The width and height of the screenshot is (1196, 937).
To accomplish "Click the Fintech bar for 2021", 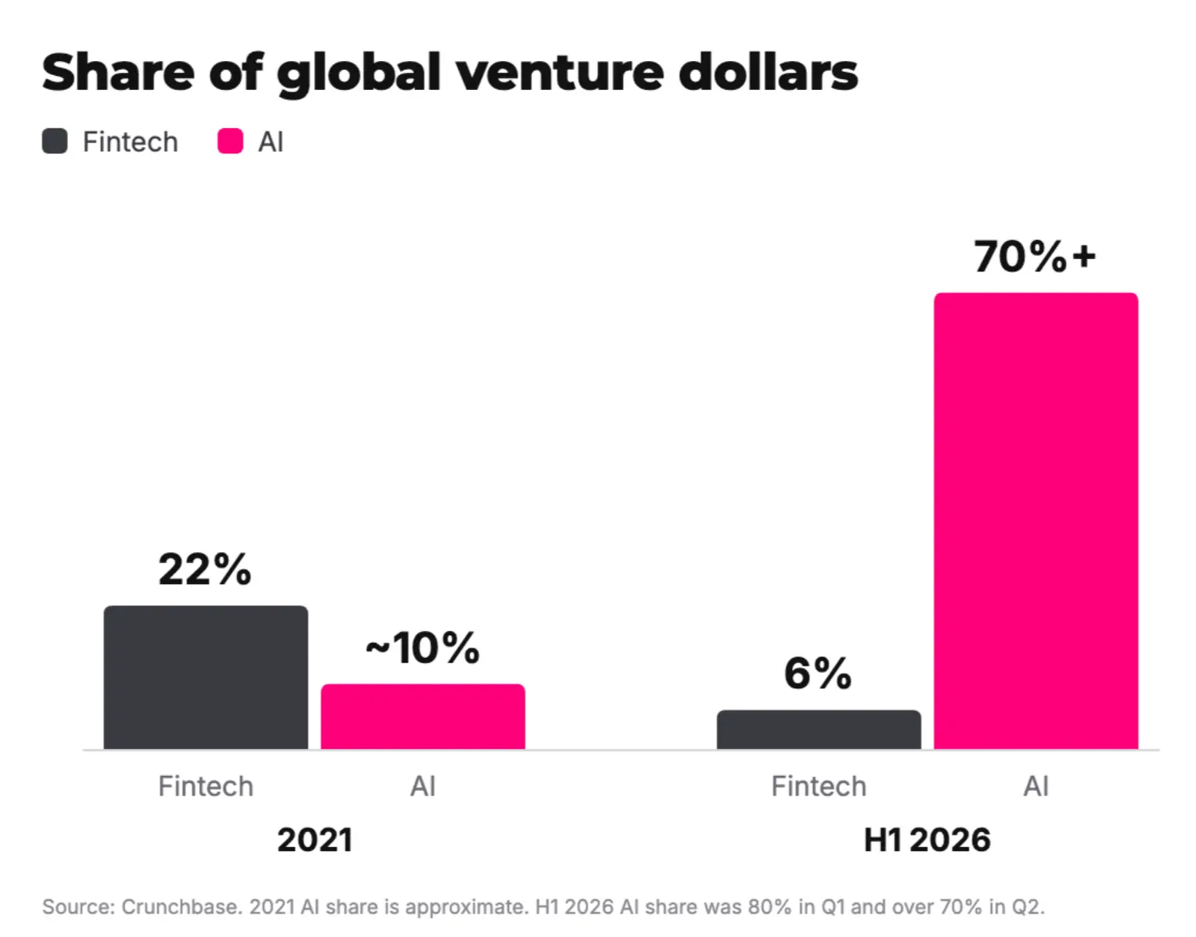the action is pos(206,677).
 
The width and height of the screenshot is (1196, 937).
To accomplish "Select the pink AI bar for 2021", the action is pos(423,716).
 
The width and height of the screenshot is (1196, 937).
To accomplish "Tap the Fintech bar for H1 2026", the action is pos(819,730).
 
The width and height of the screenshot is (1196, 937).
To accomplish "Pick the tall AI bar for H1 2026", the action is pos(1036,521).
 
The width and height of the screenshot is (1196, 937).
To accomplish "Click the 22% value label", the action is pos(205,569).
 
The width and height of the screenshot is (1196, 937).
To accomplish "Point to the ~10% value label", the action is pos(423,648).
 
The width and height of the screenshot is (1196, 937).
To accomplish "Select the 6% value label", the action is pos(818,673).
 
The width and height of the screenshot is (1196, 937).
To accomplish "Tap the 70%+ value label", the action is pos(1036,257).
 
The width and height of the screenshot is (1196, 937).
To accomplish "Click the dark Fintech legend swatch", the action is pos(55,142).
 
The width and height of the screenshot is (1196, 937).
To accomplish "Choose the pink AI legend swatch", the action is pos(230,142).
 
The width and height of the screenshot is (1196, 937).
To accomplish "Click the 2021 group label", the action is pos(315,840).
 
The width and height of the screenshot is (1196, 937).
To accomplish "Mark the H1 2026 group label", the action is pos(928,840).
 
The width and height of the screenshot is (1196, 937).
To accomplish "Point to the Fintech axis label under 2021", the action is pos(206,786).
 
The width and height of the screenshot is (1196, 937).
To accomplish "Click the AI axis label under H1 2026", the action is pos(1036,786).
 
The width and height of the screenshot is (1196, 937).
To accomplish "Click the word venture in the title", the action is pos(560,73).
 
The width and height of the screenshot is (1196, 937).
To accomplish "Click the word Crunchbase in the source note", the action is pos(182,906).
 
